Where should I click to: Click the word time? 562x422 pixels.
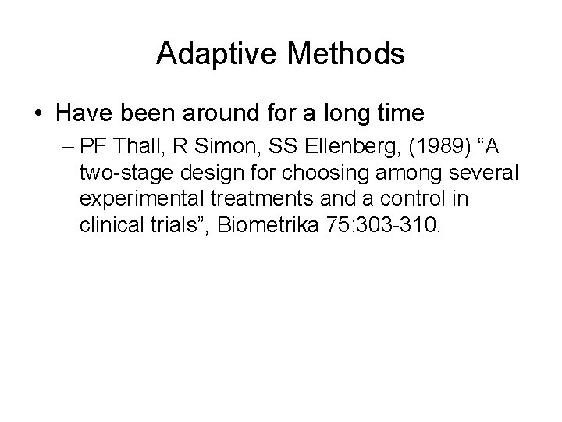click(x=401, y=114)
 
